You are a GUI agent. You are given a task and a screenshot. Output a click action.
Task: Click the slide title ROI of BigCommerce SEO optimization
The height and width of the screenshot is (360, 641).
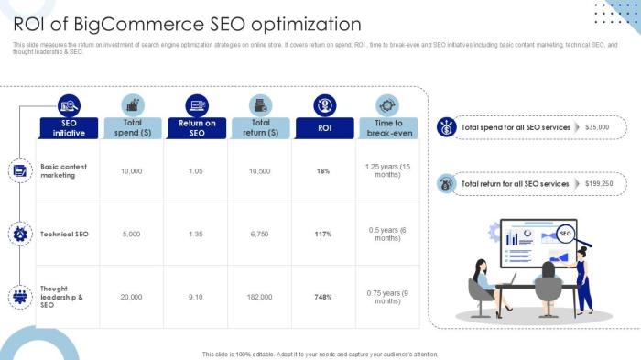[x=187, y=24]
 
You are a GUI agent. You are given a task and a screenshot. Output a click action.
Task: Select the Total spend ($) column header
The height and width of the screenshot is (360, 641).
[x=132, y=127]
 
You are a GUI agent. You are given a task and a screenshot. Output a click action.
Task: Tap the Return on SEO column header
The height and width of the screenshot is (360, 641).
[x=197, y=127]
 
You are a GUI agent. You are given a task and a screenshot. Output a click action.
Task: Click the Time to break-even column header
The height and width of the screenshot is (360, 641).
[x=387, y=127]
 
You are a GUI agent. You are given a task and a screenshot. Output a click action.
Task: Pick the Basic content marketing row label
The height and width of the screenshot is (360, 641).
[x=64, y=170]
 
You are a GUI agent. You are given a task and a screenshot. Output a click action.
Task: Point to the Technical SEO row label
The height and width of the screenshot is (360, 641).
[x=64, y=234]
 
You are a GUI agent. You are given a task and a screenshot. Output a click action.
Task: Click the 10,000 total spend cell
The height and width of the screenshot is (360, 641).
[x=131, y=170]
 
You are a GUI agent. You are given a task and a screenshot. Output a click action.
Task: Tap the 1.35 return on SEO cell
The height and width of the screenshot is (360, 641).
[x=196, y=234]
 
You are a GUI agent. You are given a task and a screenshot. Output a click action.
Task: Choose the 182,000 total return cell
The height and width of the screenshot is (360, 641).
[x=260, y=297]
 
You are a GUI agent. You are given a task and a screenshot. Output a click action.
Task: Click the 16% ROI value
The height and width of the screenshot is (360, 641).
[x=323, y=170]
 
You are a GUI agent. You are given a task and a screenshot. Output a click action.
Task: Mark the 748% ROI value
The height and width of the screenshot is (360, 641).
[x=323, y=297]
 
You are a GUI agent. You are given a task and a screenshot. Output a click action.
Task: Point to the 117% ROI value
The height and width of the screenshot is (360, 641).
[x=323, y=234]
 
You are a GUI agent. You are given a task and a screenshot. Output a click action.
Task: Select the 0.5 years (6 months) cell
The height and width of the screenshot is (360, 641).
[x=387, y=234]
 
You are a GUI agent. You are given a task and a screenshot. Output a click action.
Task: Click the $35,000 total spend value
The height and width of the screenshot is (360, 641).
[x=597, y=127]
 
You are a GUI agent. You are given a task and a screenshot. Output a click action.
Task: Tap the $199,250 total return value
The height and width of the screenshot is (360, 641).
[x=599, y=183]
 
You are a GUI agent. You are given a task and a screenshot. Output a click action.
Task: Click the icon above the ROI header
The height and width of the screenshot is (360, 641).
[x=324, y=104]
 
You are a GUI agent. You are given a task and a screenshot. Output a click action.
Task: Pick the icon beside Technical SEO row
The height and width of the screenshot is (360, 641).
[x=19, y=234]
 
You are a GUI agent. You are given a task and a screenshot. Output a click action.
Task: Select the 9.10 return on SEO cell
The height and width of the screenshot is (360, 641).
[x=196, y=297]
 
